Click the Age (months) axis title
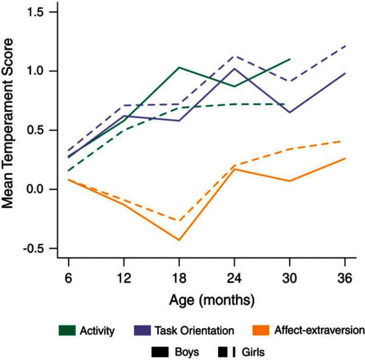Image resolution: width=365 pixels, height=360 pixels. tap(206, 299)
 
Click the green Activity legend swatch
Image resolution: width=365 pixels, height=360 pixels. tap(66, 331)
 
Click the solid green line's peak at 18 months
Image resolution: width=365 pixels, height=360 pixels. tap(179, 68)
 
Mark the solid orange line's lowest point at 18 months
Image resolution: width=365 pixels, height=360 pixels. tap(179, 240)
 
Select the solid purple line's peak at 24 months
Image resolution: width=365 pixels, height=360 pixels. tap(234, 68)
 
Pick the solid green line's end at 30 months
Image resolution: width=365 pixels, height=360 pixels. tap(290, 59)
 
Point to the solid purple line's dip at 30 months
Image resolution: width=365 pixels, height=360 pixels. tap(290, 112)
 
